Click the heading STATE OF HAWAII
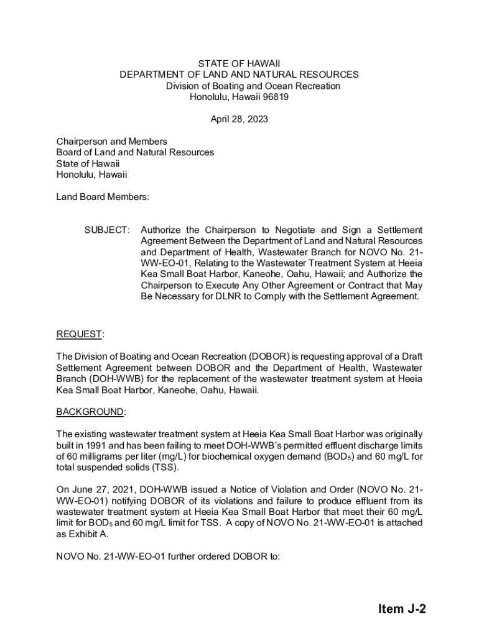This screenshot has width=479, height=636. (239, 64)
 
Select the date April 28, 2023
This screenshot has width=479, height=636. (239, 119)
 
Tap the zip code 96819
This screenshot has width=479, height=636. (274, 97)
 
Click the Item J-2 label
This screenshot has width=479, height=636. (401, 609)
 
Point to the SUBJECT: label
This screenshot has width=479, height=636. (107, 230)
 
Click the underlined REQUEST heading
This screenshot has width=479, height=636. (79, 335)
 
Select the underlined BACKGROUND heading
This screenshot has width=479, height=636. (90, 412)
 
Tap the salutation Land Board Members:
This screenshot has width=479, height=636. (103, 197)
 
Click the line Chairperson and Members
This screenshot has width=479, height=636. (111, 142)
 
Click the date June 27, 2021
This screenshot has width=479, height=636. (100, 489)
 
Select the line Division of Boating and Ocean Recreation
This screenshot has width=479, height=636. (253, 86)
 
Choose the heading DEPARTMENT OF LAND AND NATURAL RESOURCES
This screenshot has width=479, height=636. (239, 75)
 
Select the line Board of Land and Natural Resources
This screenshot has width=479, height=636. (135, 152)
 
